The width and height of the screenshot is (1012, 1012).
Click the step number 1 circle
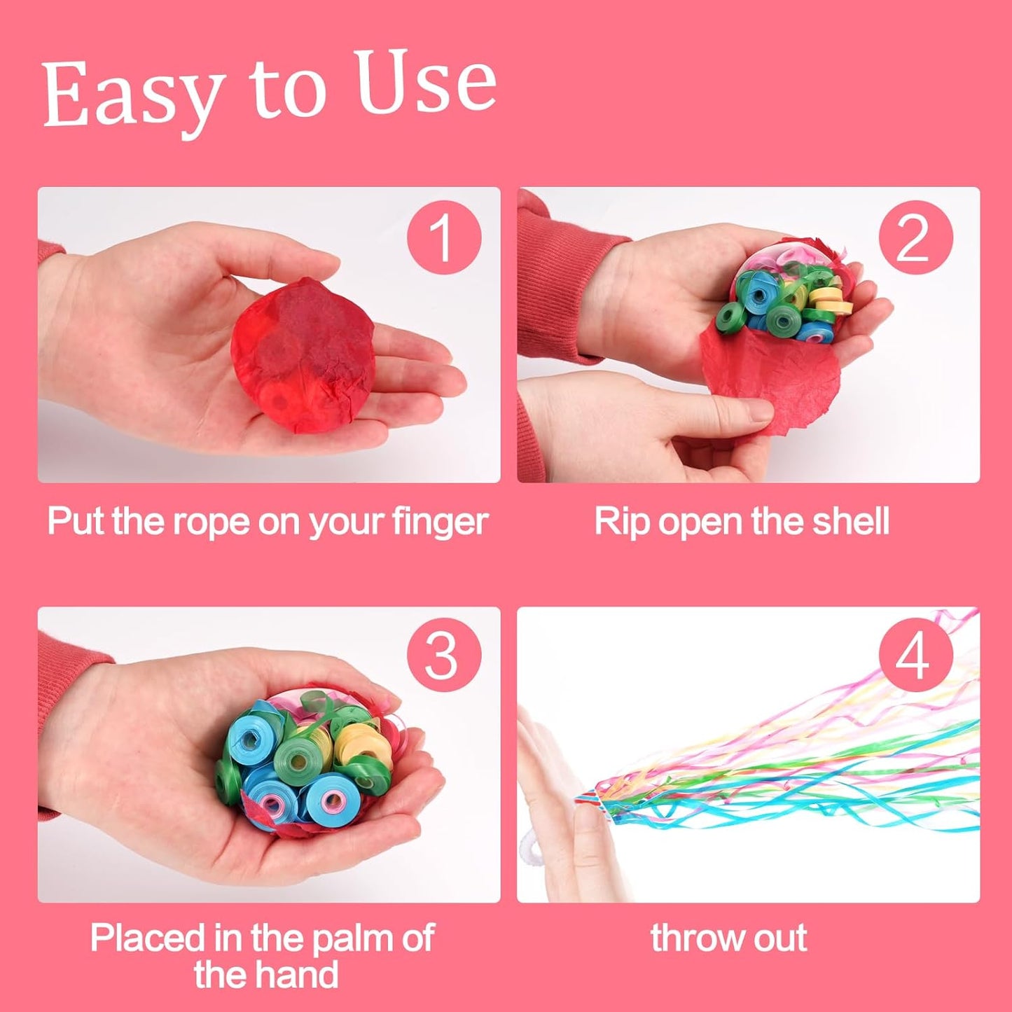coord(444,237)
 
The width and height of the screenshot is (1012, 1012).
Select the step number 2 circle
coord(915,237)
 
